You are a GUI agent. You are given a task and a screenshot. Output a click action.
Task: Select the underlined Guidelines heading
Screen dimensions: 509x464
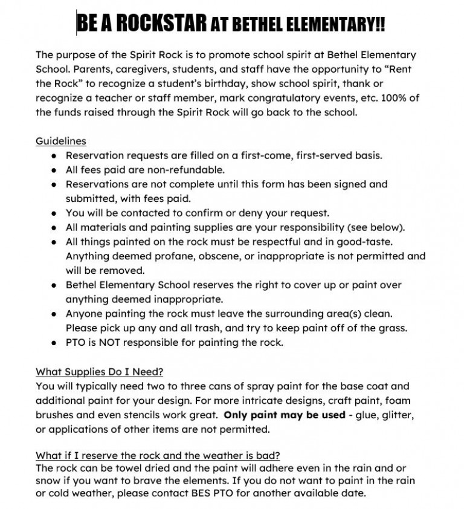tap(60, 141)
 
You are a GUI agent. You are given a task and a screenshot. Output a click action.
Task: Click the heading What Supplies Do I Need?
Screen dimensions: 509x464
tap(99, 371)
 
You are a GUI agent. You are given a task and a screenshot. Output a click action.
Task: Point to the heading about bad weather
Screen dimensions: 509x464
tap(158, 455)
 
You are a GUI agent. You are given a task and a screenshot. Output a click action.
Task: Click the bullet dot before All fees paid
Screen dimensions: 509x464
tap(54, 170)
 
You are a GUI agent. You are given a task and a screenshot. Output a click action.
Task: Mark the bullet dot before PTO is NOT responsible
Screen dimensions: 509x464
tap(54, 342)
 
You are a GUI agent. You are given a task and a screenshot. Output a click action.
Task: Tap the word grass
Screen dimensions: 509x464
tap(395, 328)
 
